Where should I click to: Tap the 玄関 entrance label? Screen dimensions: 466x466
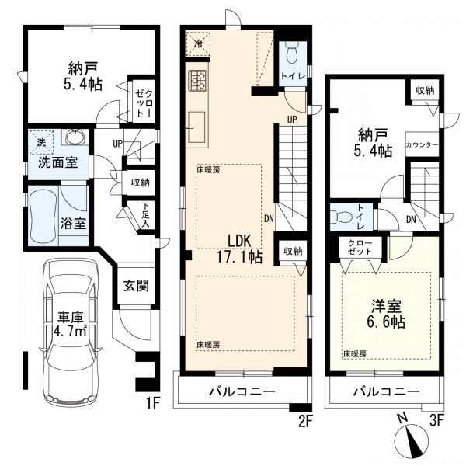pyautogui.click(x=136, y=286)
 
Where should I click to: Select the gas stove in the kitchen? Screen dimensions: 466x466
pyautogui.click(x=196, y=81)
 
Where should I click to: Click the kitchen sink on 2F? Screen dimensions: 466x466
pyautogui.click(x=196, y=127)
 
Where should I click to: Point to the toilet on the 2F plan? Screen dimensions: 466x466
pyautogui.click(x=293, y=51)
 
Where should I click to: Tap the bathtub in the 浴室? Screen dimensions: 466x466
pyautogui.click(x=43, y=216)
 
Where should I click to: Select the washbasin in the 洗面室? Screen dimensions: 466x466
pyautogui.click(x=75, y=137)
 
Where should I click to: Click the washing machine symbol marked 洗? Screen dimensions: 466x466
pyautogui.click(x=42, y=143)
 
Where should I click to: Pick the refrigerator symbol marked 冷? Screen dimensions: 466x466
pyautogui.click(x=198, y=43)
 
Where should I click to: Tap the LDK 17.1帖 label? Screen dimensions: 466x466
pyautogui.click(x=239, y=249)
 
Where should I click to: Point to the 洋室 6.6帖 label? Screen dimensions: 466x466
pyautogui.click(x=386, y=313)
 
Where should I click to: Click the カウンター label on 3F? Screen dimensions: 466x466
pyautogui.click(x=422, y=144)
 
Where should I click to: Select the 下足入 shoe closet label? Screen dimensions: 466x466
pyautogui.click(x=145, y=215)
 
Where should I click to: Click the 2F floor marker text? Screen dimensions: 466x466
pyautogui.click(x=304, y=422)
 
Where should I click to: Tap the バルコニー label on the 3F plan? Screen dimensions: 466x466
pyautogui.click(x=386, y=391)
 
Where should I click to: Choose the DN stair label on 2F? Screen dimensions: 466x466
pyautogui.click(x=269, y=219)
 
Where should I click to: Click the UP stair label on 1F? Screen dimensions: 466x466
pyautogui.click(x=117, y=144)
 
